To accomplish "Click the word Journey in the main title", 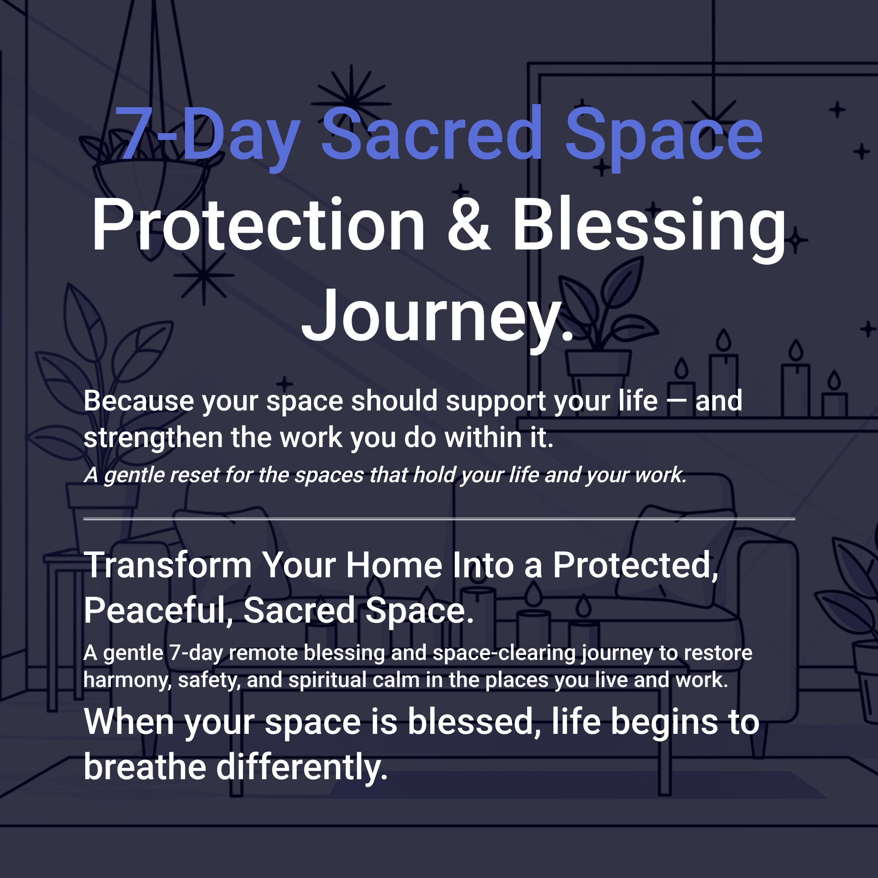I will click(432, 316).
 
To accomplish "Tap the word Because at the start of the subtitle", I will click(139, 401).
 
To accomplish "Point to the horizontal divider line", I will click(439, 518).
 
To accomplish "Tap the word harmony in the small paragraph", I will click(127, 680).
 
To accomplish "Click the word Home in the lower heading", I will click(394, 565).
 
